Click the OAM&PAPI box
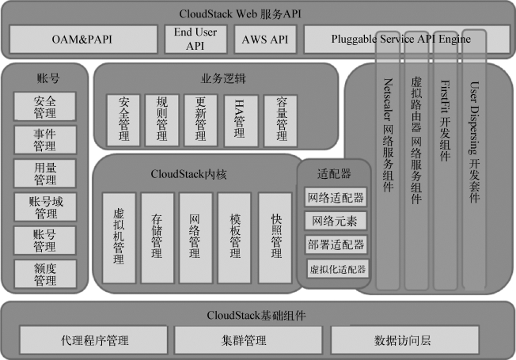click(x=82, y=38)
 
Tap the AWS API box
click(x=265, y=38)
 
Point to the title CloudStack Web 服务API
click(x=258, y=12)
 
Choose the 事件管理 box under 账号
click(x=44, y=139)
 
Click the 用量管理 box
click(x=44, y=173)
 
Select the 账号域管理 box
click(x=44, y=207)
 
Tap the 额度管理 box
click(x=44, y=274)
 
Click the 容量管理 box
click(x=280, y=119)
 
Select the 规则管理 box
click(x=162, y=119)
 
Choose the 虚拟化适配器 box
click(x=338, y=269)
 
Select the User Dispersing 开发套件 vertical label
click(x=473, y=142)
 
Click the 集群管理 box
click(x=243, y=340)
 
